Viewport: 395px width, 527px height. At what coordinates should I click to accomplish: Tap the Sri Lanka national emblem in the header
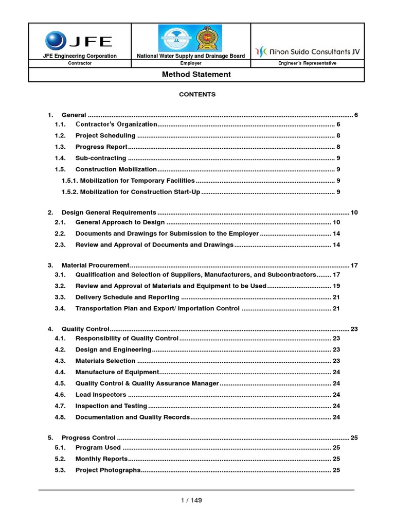pyautogui.click(x=212, y=38)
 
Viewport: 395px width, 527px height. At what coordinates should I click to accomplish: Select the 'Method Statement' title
pyautogui.click(x=196, y=75)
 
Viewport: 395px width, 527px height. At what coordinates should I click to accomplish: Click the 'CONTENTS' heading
pyautogui.click(x=197, y=95)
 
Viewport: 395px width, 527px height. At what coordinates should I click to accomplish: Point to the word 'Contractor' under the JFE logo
pyautogui.click(x=80, y=63)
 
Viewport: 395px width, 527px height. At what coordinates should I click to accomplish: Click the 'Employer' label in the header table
pyautogui.click(x=191, y=63)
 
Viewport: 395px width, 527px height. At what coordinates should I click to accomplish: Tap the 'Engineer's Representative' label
pyautogui.click(x=308, y=63)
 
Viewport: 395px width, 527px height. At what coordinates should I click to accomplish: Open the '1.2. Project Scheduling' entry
pyautogui.click(x=105, y=136)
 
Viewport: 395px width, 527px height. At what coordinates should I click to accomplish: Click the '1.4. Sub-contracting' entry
pyautogui.click(x=101, y=159)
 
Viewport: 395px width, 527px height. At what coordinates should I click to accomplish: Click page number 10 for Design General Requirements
pyautogui.click(x=354, y=213)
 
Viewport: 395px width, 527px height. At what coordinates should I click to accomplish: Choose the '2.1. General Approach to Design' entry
pyautogui.click(x=120, y=222)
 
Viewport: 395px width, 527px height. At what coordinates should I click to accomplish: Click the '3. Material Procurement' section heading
pyautogui.click(x=96, y=266)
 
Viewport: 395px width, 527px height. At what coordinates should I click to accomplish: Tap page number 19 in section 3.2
pyautogui.click(x=336, y=286)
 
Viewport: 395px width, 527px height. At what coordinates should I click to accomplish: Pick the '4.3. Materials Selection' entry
pyautogui.click(x=105, y=361)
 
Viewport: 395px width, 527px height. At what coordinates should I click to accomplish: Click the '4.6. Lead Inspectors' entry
pyautogui.click(x=101, y=395)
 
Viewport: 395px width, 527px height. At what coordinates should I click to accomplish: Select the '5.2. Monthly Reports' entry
pyautogui.click(x=101, y=459)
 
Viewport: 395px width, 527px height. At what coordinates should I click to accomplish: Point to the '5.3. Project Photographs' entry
pyautogui.click(x=107, y=470)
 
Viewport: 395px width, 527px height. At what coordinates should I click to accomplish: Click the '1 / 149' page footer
pyautogui.click(x=196, y=500)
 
